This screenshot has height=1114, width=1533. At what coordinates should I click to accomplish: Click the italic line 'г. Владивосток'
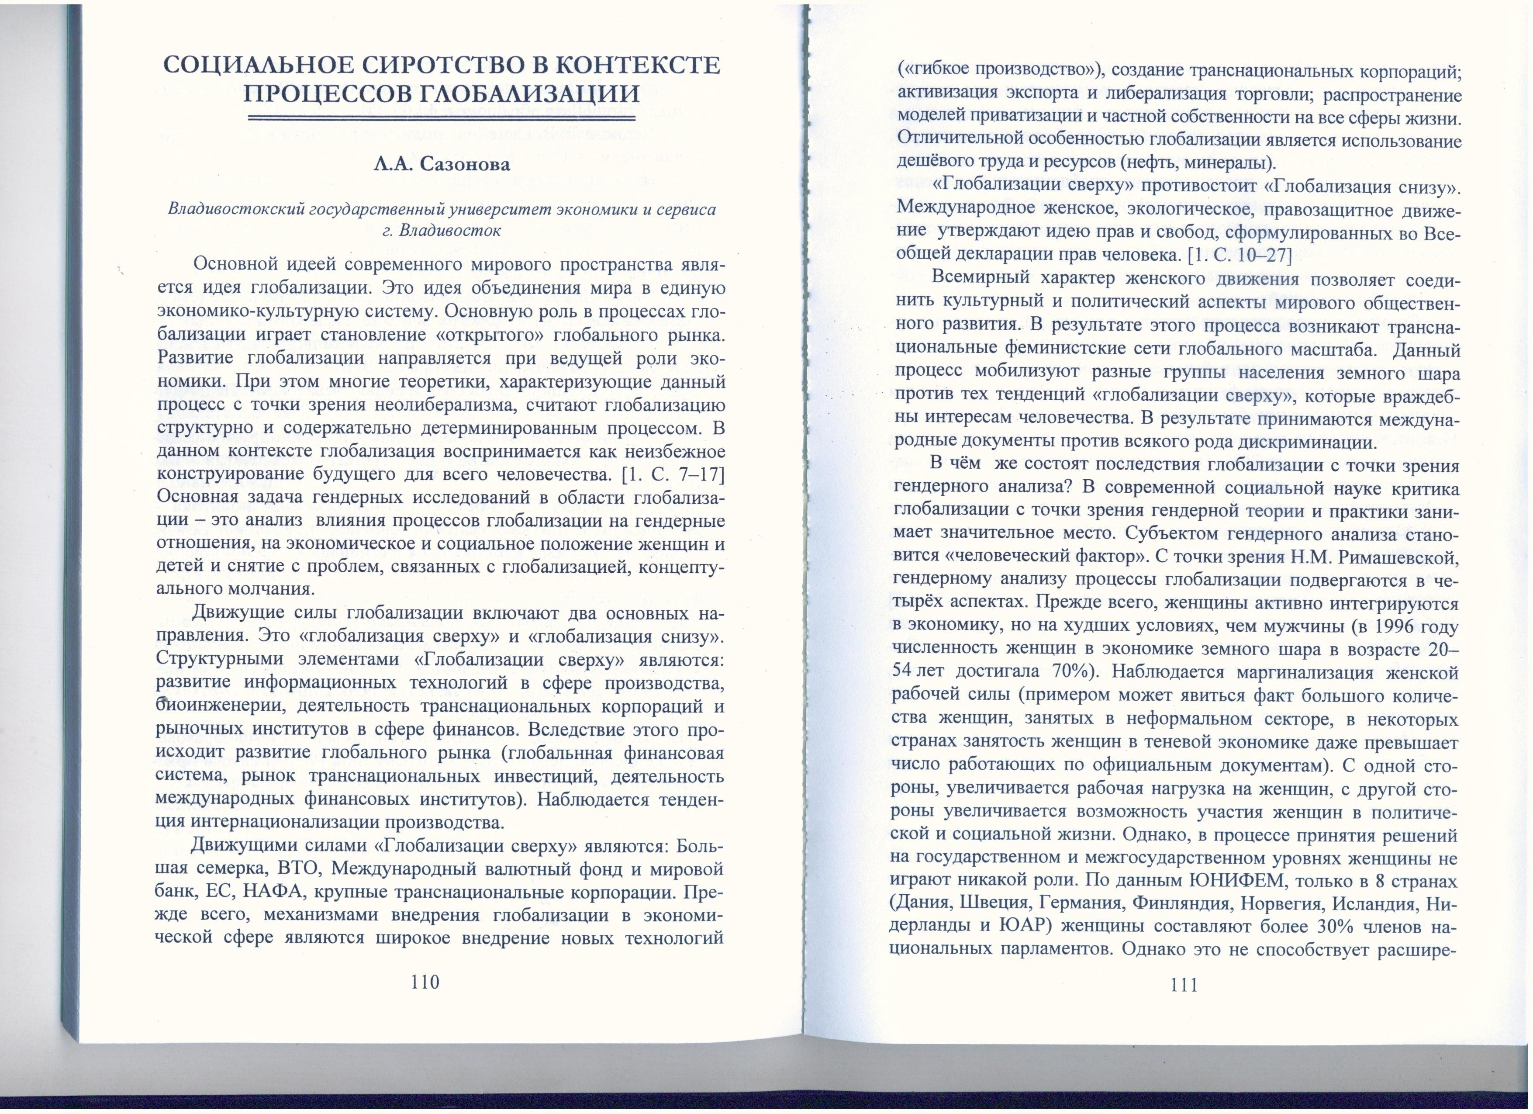tap(442, 231)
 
